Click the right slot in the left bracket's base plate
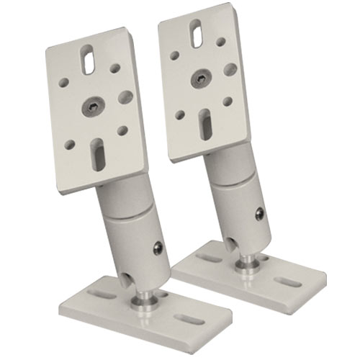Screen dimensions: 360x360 click(189, 318)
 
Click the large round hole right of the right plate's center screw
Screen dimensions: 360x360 click(230, 69)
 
